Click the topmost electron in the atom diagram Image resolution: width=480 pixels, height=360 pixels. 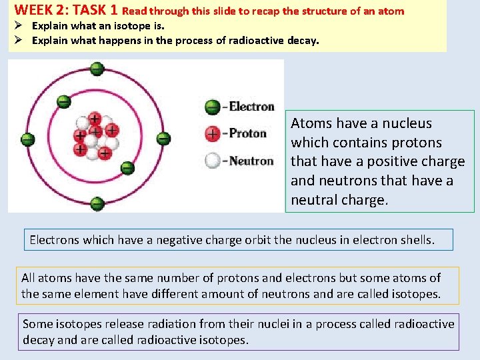pos(97,68)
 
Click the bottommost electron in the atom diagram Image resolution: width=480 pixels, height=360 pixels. pos(97,203)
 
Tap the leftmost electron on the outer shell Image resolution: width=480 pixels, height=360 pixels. pos(28,140)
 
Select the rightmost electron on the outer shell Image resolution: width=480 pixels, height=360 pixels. pos(163,139)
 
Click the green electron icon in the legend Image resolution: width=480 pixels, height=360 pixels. pos(213,107)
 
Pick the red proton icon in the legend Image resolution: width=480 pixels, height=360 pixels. pos(213,133)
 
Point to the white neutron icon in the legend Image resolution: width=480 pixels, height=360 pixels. pos(213,161)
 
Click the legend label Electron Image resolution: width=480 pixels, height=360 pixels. pos(251,107)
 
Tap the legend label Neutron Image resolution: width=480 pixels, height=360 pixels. pos(251,161)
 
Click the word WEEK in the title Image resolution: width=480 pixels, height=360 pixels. pos(31,11)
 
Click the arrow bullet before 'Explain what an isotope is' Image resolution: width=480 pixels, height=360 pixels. pos(19,26)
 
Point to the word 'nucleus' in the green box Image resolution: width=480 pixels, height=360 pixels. pos(408,123)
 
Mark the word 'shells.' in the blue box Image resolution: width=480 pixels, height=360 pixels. pos(416,240)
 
